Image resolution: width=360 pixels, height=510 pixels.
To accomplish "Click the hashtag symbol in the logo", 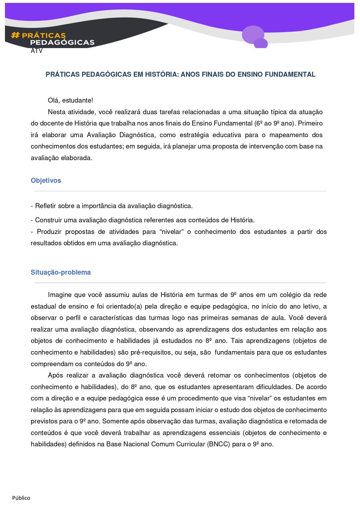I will pyautogui.click(x=15, y=35).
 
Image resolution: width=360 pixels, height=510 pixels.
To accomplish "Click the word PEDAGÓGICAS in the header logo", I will pyautogui.click(x=62, y=42).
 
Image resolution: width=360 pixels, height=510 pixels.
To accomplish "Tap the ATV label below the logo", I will pyautogui.click(x=37, y=51).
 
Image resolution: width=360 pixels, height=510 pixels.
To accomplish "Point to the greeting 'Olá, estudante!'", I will pyautogui.click(x=70, y=101).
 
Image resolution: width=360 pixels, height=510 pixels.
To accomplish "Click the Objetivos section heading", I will pyautogui.click(x=46, y=180).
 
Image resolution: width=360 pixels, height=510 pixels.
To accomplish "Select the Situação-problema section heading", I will pyautogui.click(x=61, y=272).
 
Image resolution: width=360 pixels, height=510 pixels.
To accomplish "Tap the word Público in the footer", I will pyautogui.click(x=21, y=498).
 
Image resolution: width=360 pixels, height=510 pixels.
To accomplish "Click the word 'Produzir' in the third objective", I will pyautogui.click(x=49, y=232).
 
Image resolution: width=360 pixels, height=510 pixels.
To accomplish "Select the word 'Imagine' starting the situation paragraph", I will pyautogui.click(x=60, y=295).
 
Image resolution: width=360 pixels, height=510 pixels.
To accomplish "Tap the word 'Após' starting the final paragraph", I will pyautogui.click(x=55, y=375).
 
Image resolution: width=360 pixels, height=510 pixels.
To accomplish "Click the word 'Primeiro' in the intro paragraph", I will pyautogui.click(x=310, y=124).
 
